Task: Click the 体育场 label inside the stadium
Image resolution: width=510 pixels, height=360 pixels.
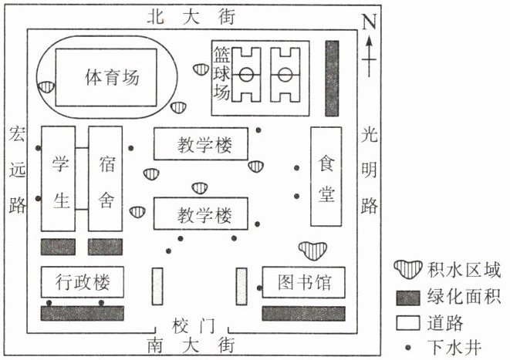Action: tap(112, 77)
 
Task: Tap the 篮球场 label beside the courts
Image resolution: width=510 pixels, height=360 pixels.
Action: tap(221, 72)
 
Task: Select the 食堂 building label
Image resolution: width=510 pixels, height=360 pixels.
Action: tap(326, 178)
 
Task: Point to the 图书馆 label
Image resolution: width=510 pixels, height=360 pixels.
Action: tap(304, 282)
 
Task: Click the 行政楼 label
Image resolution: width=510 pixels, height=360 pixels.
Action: tap(83, 281)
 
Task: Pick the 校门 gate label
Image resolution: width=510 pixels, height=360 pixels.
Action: tap(193, 326)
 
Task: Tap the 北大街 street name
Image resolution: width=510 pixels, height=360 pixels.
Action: tap(191, 17)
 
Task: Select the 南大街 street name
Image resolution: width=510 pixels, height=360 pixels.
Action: tap(191, 345)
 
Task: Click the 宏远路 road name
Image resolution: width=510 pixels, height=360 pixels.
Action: tap(17, 169)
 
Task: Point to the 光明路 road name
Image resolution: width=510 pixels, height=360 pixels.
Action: tap(369, 170)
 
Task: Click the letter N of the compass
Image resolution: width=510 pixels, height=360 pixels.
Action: tap(369, 22)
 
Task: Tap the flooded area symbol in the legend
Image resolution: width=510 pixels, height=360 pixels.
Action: tap(408, 270)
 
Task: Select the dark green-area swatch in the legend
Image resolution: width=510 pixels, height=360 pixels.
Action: tap(408, 298)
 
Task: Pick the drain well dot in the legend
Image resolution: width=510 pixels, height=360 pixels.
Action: tap(408, 348)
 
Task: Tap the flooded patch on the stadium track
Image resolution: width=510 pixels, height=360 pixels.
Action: tap(46, 87)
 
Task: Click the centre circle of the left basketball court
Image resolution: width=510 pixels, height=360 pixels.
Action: tap(246, 75)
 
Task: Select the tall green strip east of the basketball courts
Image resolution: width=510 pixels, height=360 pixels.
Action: tap(332, 79)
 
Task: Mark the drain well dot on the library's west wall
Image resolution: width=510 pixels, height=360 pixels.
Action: tap(259, 288)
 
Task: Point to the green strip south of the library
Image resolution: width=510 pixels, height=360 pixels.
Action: tap(303, 314)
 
